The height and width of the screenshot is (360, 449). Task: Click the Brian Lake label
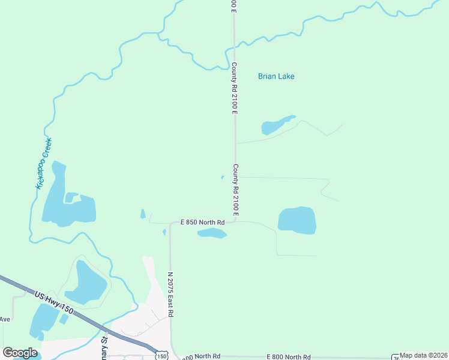[276, 76]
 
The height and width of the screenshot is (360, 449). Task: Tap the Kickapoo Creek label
[44, 163]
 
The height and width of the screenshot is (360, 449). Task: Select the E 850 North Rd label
[203, 223]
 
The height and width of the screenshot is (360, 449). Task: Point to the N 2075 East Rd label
[170, 294]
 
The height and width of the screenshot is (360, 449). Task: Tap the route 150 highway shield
[161, 355]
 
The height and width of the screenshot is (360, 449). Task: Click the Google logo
[20, 353]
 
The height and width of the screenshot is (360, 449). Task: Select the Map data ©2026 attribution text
[424, 356]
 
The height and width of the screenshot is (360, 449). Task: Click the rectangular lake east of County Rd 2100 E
[297, 220]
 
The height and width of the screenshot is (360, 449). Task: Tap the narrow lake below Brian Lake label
[276, 125]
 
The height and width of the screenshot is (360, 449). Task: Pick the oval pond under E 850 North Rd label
[212, 233]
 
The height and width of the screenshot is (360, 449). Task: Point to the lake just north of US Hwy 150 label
[86, 283]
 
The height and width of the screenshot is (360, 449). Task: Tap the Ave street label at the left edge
[5, 319]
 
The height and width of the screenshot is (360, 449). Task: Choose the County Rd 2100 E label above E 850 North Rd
[235, 190]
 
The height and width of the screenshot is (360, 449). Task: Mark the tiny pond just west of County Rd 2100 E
[222, 177]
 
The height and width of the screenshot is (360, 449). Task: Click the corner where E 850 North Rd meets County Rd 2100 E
[235, 220]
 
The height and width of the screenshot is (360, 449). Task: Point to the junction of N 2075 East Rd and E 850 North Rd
[170, 224]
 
